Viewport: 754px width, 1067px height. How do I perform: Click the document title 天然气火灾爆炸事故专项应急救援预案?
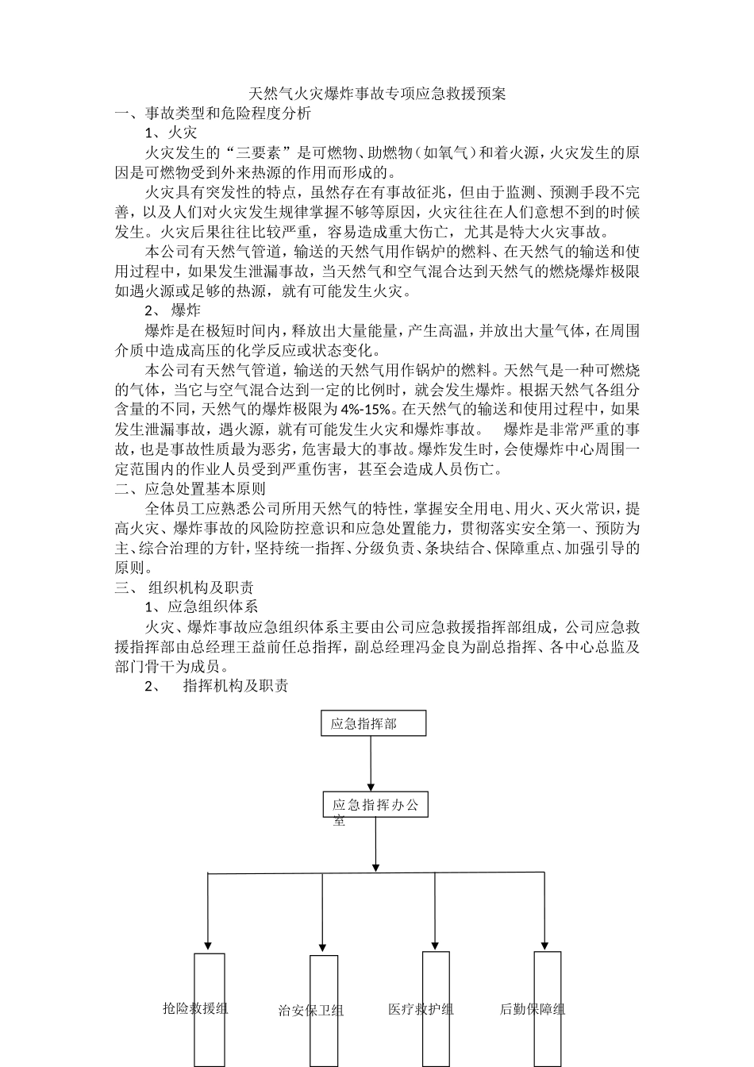tap(377, 94)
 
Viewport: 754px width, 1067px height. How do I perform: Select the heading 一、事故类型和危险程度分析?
tap(213, 114)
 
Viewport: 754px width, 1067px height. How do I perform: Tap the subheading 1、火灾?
tap(170, 133)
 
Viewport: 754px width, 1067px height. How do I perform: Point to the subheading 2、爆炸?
tap(172, 310)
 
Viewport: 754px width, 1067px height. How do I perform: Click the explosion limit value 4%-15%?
tap(366, 410)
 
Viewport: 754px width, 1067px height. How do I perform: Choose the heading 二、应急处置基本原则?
tap(190, 488)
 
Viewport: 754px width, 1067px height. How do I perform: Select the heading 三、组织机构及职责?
tap(184, 587)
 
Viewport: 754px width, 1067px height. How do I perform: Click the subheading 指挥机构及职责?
tap(236, 686)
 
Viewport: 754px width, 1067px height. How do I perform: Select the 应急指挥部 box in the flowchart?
tap(373, 723)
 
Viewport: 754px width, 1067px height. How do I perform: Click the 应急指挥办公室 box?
tap(375, 805)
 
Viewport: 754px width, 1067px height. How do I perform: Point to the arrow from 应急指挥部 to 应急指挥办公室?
tap(371, 762)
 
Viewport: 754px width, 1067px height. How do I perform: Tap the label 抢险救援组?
tap(195, 1008)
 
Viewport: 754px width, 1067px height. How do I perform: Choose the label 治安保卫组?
tap(311, 1011)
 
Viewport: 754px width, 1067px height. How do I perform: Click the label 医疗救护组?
tap(421, 1009)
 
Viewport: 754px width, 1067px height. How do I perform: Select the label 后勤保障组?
tap(533, 1009)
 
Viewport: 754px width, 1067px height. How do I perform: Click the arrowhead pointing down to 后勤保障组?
tap(544, 944)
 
